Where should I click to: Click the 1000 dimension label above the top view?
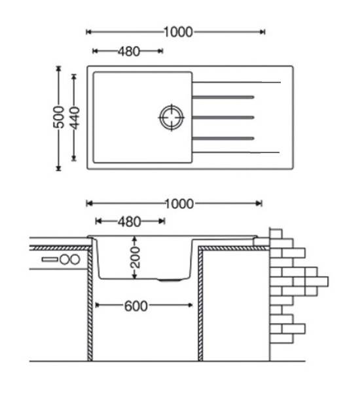[x=178, y=32]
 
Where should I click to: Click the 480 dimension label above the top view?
[x=129, y=52]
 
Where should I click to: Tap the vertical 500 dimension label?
[x=59, y=117]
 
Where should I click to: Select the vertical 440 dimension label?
[x=75, y=118]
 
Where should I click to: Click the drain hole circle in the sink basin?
[x=171, y=118]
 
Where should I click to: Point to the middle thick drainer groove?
[x=223, y=118]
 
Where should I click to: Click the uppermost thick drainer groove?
[x=223, y=97]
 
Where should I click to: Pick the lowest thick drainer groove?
[x=223, y=138]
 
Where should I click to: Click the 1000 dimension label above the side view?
[x=179, y=204]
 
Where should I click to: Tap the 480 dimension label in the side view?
[x=130, y=222]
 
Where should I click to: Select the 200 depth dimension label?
[x=135, y=258]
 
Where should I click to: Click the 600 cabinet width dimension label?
[x=136, y=306]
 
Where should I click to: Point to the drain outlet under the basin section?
[x=170, y=280]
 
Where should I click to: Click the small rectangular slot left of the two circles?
[x=50, y=260]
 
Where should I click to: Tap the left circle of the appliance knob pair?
[x=65, y=260]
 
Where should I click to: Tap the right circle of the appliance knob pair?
[x=75, y=260]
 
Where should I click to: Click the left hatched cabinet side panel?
[x=90, y=304]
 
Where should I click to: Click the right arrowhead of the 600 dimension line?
[x=190, y=306]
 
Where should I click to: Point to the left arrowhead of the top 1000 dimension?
[x=89, y=32]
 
